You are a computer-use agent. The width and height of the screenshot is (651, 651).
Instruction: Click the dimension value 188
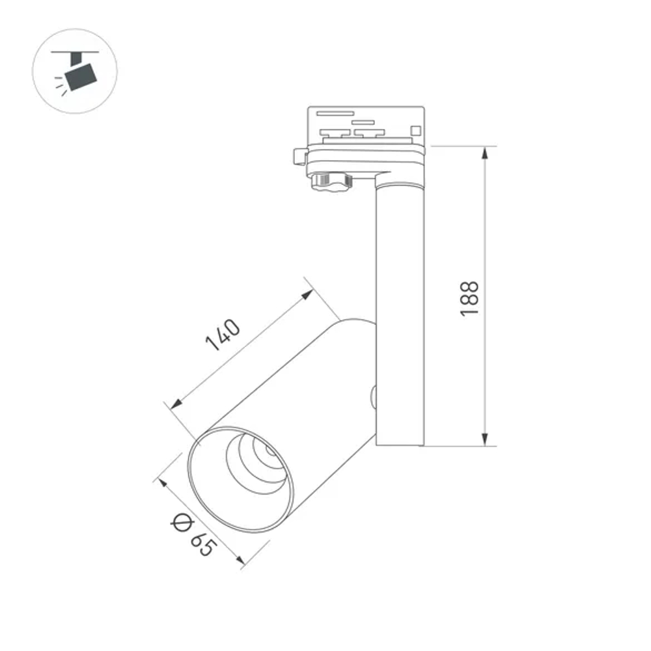tap(470, 299)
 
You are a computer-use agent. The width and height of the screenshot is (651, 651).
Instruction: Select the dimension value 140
tap(223, 335)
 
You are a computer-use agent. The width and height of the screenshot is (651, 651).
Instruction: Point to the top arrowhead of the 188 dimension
tap(485, 152)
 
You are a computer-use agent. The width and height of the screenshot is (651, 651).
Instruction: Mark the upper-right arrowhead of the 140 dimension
tap(309, 294)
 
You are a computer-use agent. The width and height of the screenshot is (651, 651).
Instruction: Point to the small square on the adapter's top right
tap(415, 127)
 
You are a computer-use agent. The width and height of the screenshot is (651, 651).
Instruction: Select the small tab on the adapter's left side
tap(299, 157)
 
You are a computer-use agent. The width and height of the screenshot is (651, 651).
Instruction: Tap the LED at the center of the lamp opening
tap(270, 450)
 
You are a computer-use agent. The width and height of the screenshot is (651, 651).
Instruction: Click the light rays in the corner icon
tap(60, 83)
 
